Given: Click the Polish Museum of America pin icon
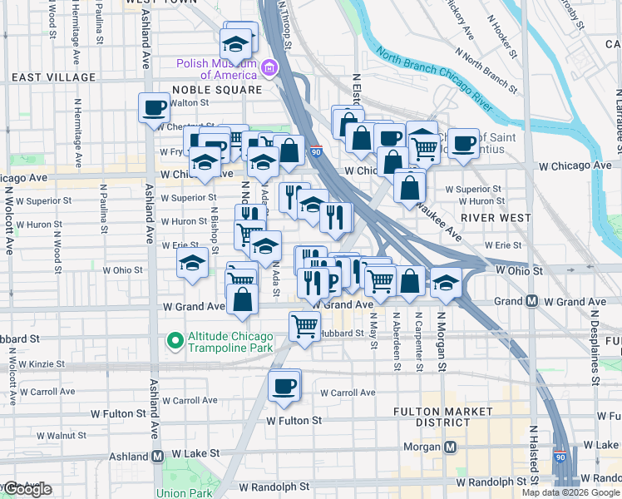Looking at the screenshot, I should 269,67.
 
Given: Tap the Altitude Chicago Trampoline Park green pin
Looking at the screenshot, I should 175,341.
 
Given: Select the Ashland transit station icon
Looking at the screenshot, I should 157,457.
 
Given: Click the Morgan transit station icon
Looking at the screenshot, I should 451,447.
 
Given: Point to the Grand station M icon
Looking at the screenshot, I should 531,301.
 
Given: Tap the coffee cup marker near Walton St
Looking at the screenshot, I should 155,107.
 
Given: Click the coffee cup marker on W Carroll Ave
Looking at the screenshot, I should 284,386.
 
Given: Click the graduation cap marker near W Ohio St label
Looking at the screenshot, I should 192,264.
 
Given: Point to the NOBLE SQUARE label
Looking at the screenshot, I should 216,90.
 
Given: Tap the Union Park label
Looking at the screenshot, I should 182,492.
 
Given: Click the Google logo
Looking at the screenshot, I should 27,490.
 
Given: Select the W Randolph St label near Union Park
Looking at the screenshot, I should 274,486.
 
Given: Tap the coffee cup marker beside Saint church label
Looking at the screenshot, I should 463,142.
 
